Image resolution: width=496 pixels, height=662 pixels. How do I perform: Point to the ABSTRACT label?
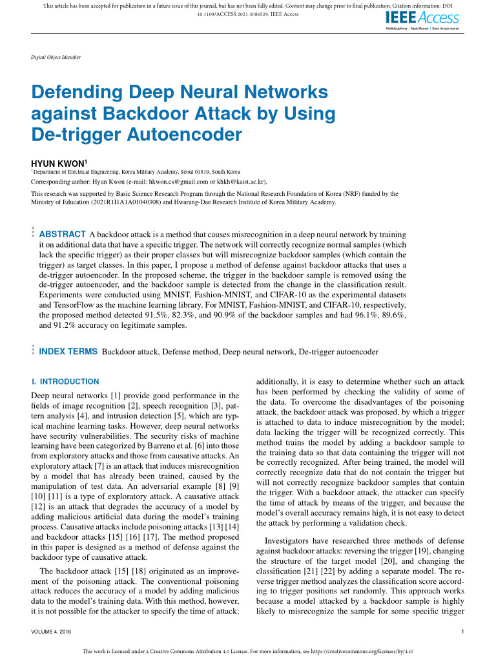(63, 234)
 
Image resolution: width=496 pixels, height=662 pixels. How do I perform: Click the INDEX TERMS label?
(68, 352)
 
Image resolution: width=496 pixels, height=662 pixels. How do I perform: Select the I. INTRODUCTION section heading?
(65, 381)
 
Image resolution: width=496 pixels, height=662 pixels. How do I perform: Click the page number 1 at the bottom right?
(464, 632)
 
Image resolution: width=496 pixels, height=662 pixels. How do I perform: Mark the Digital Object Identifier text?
(56, 58)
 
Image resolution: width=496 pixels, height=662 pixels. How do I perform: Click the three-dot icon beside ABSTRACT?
(33, 234)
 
